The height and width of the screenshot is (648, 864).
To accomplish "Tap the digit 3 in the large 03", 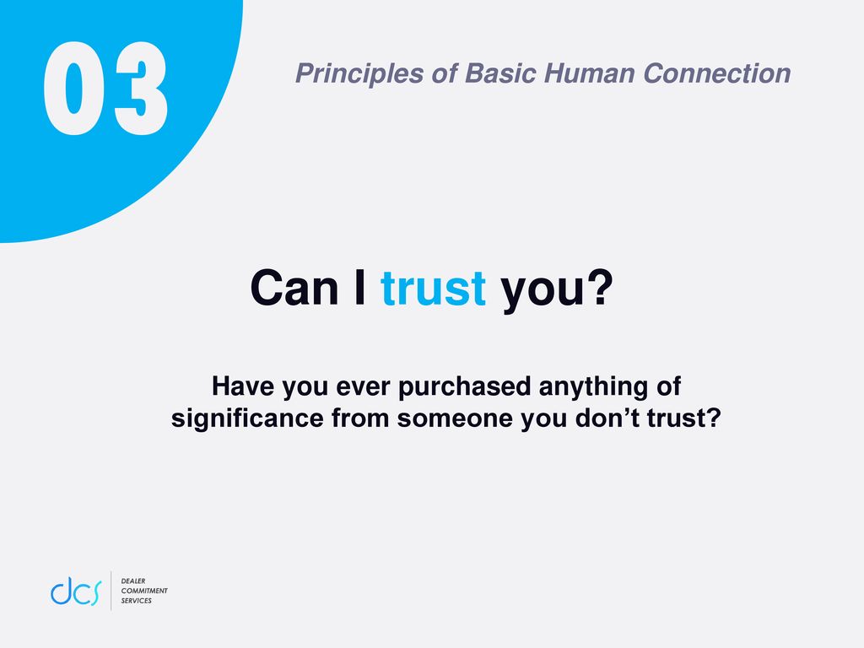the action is [x=140, y=88].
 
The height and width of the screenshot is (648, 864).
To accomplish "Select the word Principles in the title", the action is [x=359, y=74].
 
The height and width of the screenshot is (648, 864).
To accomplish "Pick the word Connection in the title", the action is [x=716, y=73].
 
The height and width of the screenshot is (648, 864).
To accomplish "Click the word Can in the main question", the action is [x=294, y=288].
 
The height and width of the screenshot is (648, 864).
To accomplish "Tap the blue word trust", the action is [x=433, y=289].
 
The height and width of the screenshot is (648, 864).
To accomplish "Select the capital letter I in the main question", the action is [x=359, y=288].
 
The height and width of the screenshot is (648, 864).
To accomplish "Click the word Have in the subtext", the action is [x=243, y=386].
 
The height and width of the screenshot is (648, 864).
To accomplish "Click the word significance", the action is [x=247, y=418].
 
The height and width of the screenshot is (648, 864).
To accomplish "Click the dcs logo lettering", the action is [x=76, y=591].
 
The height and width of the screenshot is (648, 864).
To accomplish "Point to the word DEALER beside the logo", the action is [x=133, y=580].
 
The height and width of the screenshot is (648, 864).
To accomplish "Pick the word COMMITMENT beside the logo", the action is [x=144, y=591].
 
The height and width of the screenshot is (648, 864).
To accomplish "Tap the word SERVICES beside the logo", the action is [x=136, y=601].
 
